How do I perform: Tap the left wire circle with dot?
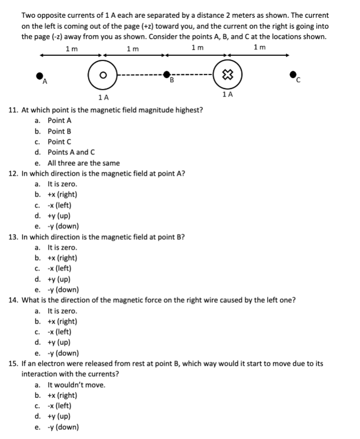coord(103,75)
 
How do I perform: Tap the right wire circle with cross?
coord(226,74)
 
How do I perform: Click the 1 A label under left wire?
coord(103,97)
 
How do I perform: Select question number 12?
coord(14,173)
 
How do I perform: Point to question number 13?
coord(14,237)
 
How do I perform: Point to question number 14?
coord(14,300)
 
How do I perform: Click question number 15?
coord(14,364)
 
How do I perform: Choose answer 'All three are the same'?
coord(83,163)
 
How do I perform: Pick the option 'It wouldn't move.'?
coord(76,385)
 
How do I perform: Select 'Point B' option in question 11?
coord(59,131)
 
